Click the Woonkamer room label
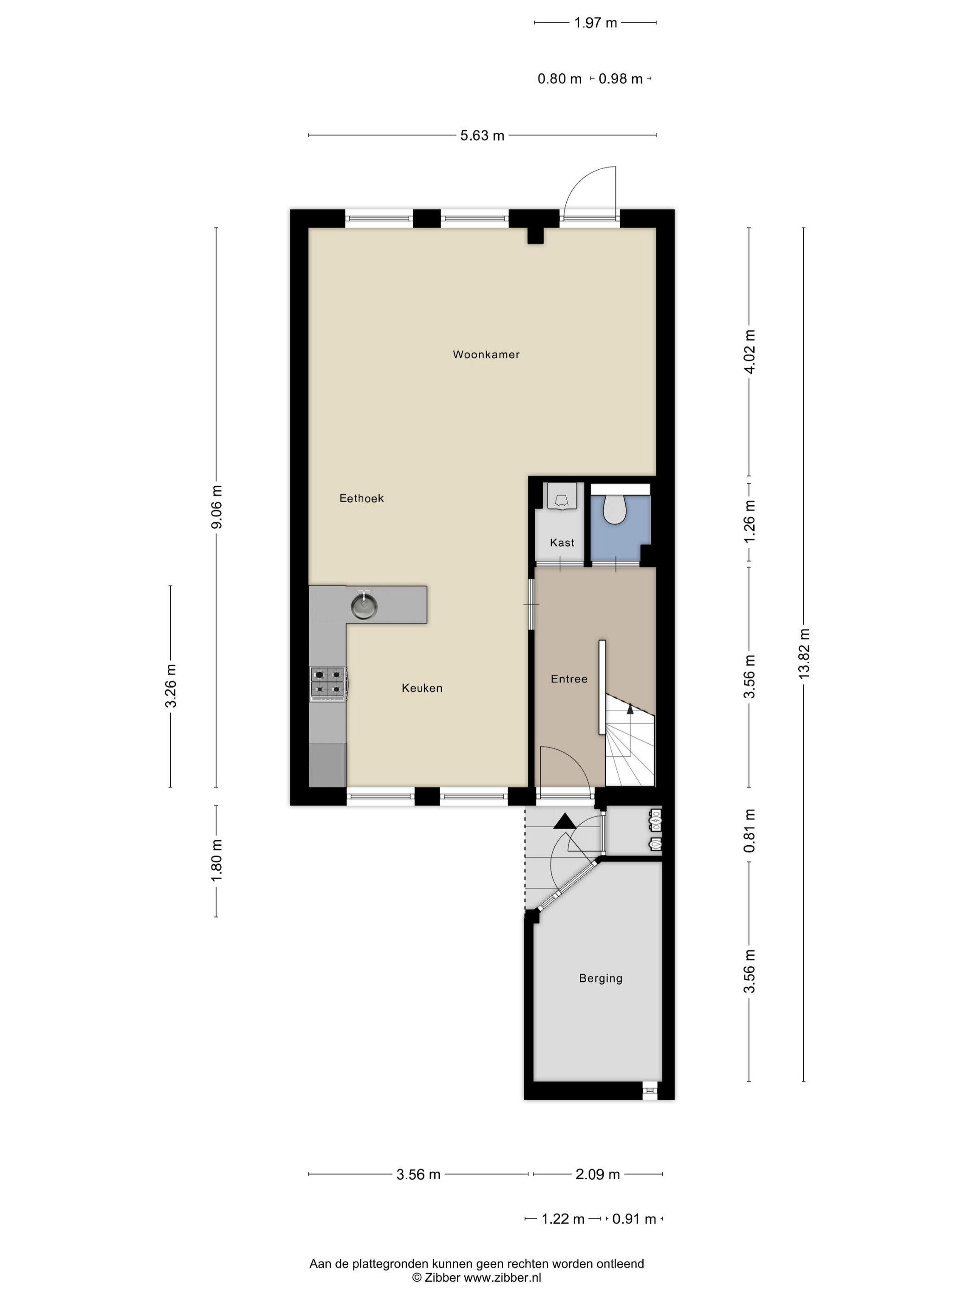click(486, 354)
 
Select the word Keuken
click(422, 688)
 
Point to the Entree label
click(569, 679)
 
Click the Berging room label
click(600, 978)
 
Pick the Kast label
click(562, 543)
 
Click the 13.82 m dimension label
click(804, 654)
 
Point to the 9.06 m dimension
click(216, 507)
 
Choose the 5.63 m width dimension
click(482, 135)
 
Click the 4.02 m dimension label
click(749, 351)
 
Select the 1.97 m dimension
click(596, 23)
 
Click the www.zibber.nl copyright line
click(476, 1277)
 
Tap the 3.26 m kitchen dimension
click(171, 686)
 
